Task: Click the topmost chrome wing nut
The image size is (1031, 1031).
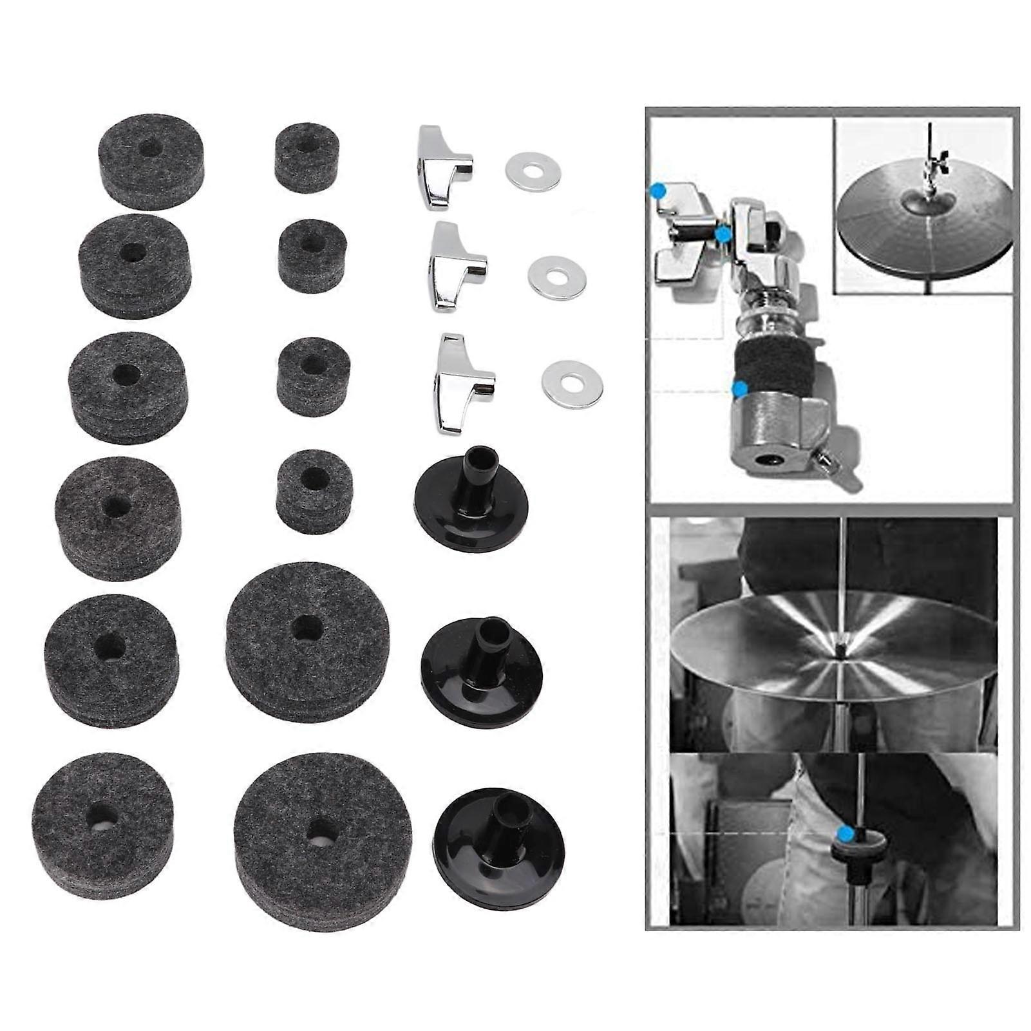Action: [x=443, y=170]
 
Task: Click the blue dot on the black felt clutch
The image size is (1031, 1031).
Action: [x=740, y=388]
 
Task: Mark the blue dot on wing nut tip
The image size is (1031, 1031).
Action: [x=657, y=191]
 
